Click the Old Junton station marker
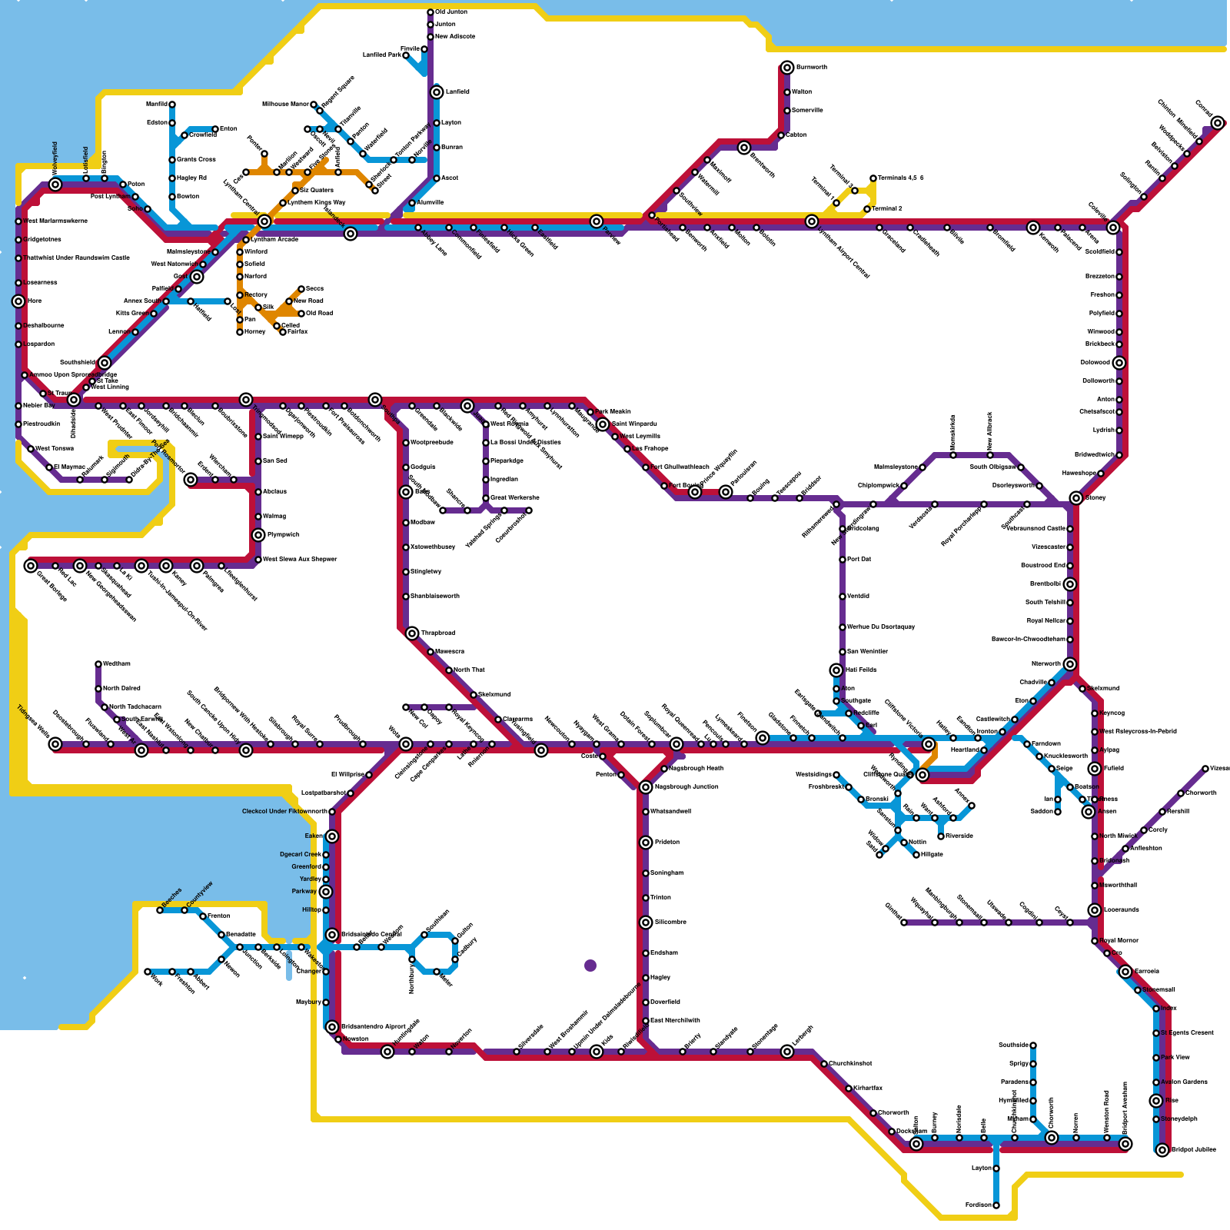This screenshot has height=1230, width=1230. point(430,12)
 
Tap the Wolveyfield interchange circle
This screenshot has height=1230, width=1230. point(55,184)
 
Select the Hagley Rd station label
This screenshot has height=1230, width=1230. point(191,178)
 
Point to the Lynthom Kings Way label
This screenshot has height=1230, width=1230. point(317,203)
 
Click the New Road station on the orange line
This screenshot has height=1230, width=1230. point(289,301)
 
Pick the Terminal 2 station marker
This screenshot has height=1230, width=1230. point(867,209)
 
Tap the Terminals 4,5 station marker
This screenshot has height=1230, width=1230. point(873,178)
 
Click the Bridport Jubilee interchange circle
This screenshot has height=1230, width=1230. point(1162,1150)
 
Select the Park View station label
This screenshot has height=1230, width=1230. point(1175,1058)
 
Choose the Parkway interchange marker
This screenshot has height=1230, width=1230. point(326,892)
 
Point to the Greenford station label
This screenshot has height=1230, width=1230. point(306,867)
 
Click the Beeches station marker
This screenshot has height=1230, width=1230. point(160,910)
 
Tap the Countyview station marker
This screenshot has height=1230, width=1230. point(184,910)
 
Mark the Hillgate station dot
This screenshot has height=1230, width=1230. point(916,855)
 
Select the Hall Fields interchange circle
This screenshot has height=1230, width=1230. point(836,670)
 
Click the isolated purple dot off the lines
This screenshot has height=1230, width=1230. point(590,966)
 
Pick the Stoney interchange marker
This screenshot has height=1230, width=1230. point(1076,498)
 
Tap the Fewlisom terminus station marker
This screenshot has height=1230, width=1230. point(996,1205)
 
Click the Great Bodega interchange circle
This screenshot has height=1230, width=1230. point(31,566)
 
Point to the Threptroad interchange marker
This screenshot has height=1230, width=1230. point(412,633)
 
